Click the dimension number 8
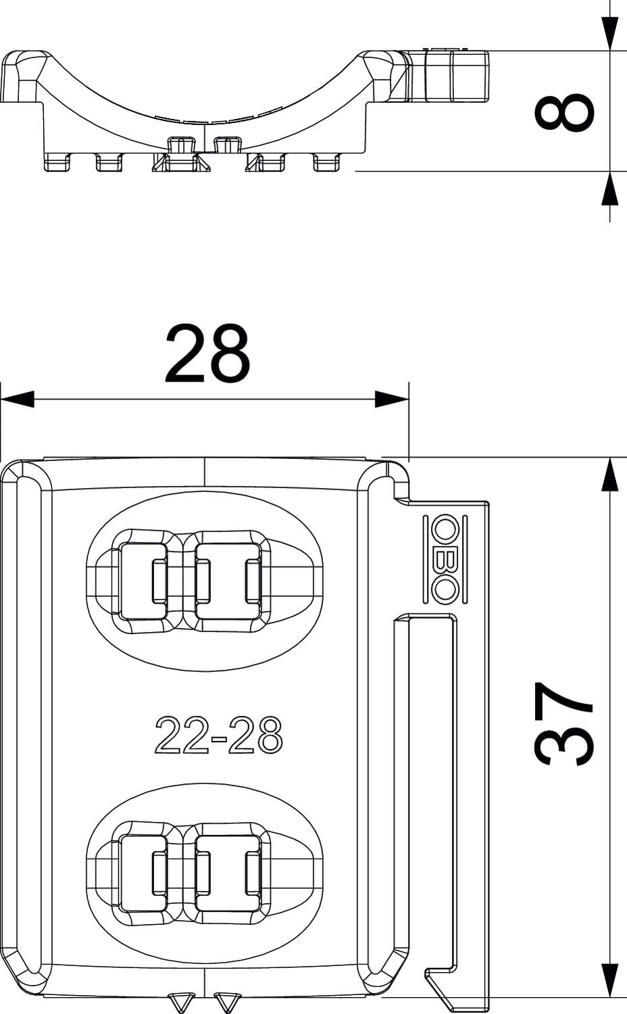[x=564, y=112]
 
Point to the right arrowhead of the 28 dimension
[x=392, y=399]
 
